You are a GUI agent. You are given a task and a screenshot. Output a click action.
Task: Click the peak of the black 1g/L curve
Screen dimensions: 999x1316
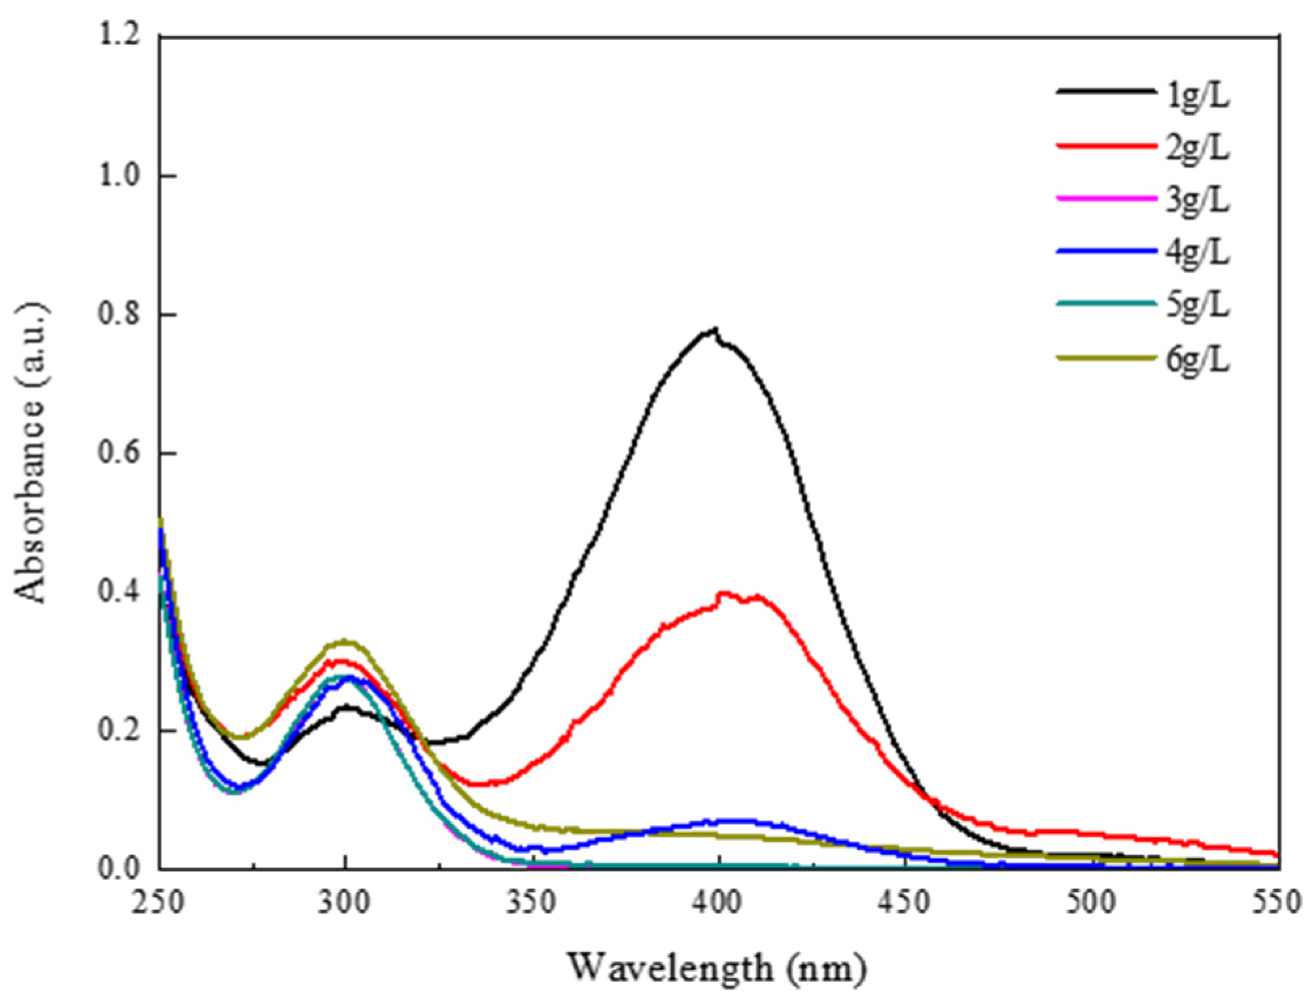pyautogui.click(x=716, y=330)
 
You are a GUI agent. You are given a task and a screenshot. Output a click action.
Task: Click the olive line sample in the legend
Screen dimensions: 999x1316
pyautogui.click(x=1105, y=358)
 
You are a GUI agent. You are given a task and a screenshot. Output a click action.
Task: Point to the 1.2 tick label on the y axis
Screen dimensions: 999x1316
pyautogui.click(x=120, y=37)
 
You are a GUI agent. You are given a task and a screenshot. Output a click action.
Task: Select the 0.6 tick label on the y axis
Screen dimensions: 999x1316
pyautogui.click(x=120, y=453)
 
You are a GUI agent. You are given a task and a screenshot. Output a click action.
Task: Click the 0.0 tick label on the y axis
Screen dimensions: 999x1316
pyautogui.click(x=120, y=868)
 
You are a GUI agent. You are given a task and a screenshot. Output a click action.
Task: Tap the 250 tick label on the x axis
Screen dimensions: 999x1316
pyautogui.click(x=160, y=903)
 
